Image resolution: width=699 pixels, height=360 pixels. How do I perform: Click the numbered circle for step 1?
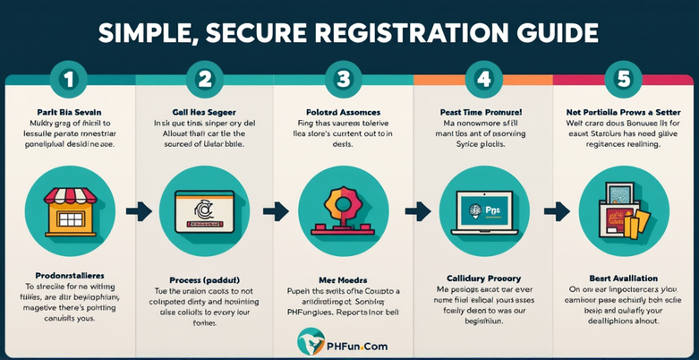click(x=69, y=79)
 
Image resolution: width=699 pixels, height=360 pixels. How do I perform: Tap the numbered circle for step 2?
click(x=205, y=79)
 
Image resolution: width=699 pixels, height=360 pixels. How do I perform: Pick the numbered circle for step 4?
click(x=484, y=79)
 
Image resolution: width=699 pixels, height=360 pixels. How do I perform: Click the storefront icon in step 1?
click(x=69, y=211)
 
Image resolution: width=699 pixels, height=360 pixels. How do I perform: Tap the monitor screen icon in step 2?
click(x=205, y=211)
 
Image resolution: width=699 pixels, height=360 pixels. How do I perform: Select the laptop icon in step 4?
click(x=484, y=211)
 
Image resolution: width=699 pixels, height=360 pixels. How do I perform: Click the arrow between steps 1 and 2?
click(x=137, y=212)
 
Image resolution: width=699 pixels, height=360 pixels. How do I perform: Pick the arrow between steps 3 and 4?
click(x=414, y=212)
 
